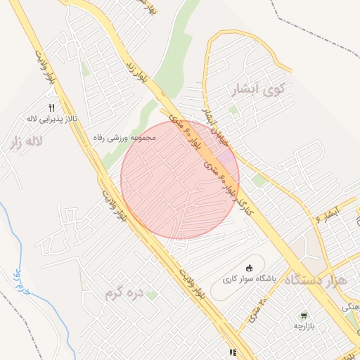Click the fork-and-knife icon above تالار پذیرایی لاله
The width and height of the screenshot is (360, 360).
pos(51,108)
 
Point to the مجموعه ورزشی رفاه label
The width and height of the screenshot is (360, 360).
pos(127,139)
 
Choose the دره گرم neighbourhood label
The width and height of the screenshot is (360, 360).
pos(123,291)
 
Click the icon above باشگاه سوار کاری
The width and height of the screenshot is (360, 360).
pos(249,266)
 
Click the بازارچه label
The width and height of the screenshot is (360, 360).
pos(302,326)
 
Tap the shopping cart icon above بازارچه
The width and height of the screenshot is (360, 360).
pos(304,316)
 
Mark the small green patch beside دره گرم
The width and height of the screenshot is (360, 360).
pos(152,295)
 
